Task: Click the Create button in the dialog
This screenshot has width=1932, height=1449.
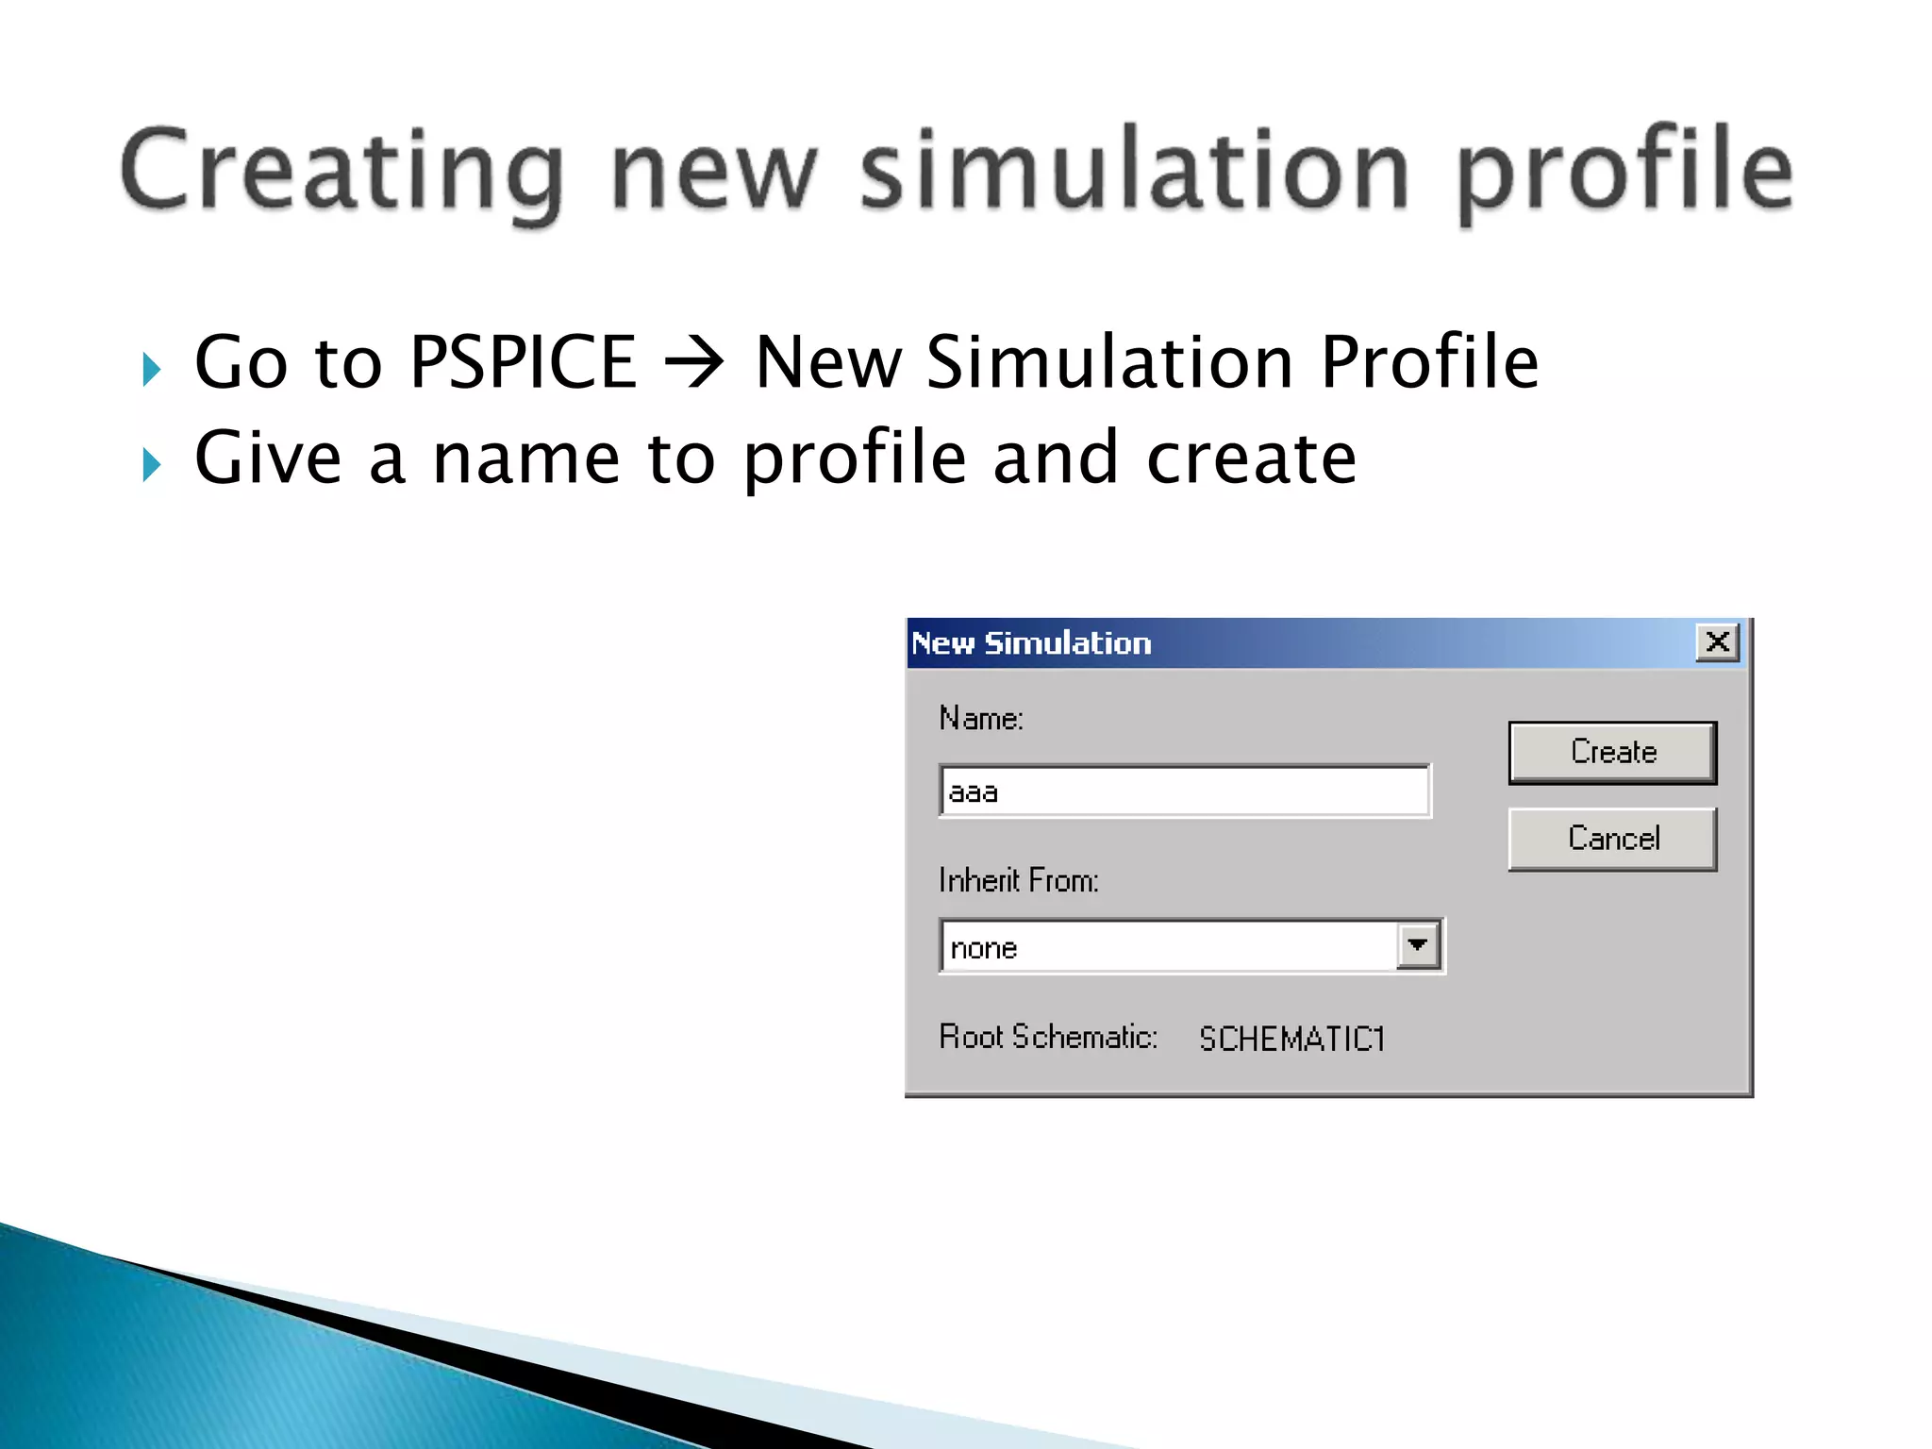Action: [x=1612, y=752]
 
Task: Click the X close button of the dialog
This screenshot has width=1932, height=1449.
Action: [x=1717, y=642]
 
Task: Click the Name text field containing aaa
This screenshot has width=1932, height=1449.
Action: [x=1184, y=791]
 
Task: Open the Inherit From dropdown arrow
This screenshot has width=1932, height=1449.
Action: [x=1418, y=945]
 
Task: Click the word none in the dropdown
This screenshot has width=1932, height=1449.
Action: [x=984, y=947]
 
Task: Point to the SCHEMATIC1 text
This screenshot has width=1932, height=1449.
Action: [x=1291, y=1039]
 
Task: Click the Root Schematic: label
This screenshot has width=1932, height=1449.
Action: [x=1047, y=1037]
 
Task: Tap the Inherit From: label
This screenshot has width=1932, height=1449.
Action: [x=1018, y=880]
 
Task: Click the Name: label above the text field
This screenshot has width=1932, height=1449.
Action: [x=980, y=718]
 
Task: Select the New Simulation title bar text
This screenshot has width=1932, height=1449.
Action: [x=1031, y=643]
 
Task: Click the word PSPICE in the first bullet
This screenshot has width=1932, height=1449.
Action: [x=524, y=362]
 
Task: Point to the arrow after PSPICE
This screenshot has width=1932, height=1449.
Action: [x=694, y=364]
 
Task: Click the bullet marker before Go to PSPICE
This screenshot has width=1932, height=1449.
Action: [x=151, y=369]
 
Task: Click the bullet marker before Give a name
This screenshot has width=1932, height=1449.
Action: [x=151, y=465]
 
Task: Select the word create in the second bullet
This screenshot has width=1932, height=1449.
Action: [x=1251, y=458]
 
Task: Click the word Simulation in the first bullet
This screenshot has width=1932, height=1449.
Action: [x=1109, y=362]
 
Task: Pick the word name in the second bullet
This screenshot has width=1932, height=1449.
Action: [x=526, y=458]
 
